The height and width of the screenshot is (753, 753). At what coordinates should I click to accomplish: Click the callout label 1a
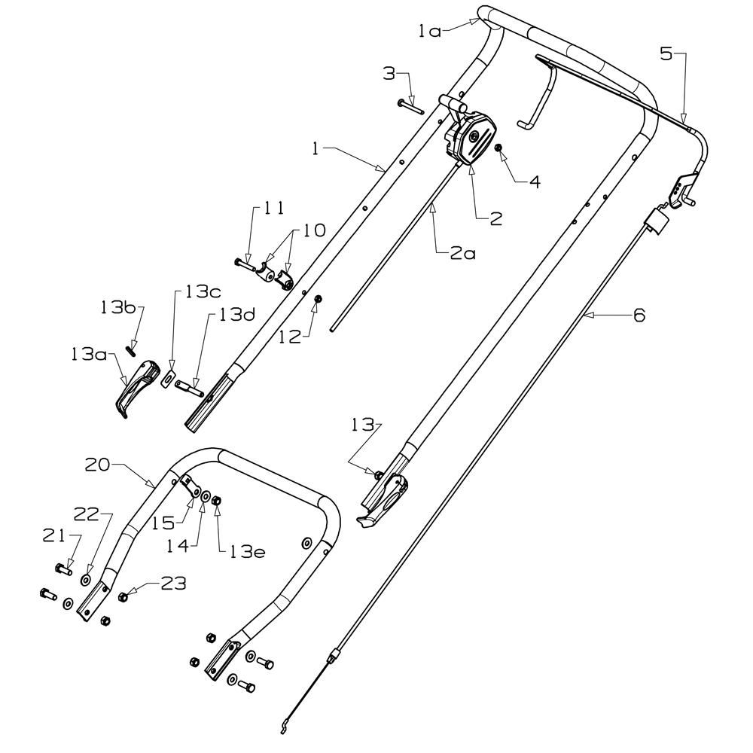coord(429,32)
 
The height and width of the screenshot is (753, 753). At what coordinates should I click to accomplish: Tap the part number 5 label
coord(666,53)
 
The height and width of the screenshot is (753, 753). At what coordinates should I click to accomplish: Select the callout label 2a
coord(463,253)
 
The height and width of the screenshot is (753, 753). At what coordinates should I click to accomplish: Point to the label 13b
coord(118,307)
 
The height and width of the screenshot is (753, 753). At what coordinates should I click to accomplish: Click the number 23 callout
coord(173,584)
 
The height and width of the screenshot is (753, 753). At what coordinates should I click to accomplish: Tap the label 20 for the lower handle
coord(97,465)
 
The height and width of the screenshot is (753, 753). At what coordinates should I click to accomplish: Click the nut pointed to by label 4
coord(498,148)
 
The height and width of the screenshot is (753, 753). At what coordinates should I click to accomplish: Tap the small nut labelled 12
coord(318,300)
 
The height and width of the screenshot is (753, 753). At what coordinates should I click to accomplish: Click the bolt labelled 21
coord(63,569)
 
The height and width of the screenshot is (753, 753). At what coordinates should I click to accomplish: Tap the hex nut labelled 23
coord(123,597)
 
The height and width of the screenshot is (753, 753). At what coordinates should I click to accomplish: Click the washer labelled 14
coord(206,497)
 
